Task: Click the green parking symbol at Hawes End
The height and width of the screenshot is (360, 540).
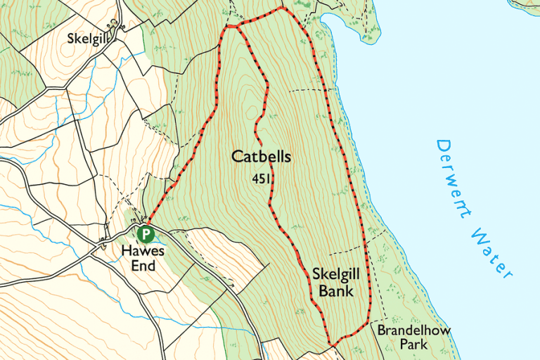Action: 146,233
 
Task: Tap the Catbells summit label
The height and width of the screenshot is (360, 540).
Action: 261,157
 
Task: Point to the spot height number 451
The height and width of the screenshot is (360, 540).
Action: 261,179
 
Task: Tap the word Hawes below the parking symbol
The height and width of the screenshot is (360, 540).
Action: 142,251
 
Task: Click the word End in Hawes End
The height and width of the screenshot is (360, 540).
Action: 142,266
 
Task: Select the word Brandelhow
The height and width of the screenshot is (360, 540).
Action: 413,330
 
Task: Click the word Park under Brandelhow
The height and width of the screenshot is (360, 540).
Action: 413,345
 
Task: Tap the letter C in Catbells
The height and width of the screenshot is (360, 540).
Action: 238,157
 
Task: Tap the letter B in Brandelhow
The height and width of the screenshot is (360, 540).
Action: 381,330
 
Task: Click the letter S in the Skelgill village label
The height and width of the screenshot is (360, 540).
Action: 71,38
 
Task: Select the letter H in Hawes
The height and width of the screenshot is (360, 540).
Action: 125,251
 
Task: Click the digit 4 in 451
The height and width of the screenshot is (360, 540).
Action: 255,179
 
